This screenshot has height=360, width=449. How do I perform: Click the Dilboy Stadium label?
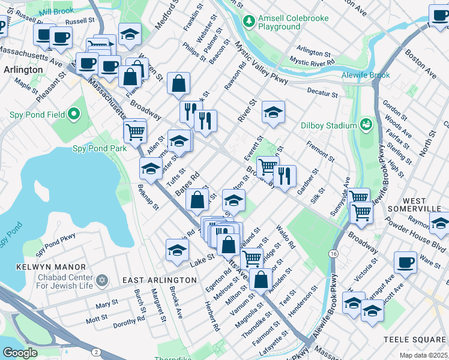(329, 126)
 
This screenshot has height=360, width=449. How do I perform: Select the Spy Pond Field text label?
(36, 114)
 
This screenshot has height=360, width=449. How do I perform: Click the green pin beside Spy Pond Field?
(74, 113)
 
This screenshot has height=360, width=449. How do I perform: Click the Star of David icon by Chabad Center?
(102, 280)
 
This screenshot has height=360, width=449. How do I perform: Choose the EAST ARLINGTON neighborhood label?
(159, 280)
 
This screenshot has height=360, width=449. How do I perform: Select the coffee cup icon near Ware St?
(406, 262)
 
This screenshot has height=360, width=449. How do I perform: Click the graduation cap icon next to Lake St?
(177, 250)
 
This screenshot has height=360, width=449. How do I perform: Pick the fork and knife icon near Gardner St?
(285, 175)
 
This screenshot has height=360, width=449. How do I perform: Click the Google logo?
(20, 353)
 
